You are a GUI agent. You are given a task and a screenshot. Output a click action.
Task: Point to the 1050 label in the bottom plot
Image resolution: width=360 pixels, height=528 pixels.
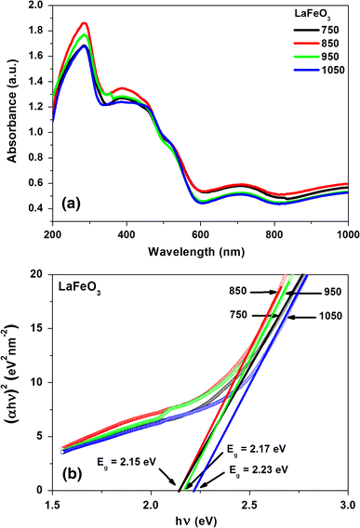[x=332, y=317]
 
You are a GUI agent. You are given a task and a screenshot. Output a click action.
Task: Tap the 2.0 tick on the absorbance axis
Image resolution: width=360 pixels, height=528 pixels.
[x=36, y=6]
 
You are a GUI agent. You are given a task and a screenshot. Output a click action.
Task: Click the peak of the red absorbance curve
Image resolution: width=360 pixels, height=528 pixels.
[x=84, y=23]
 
